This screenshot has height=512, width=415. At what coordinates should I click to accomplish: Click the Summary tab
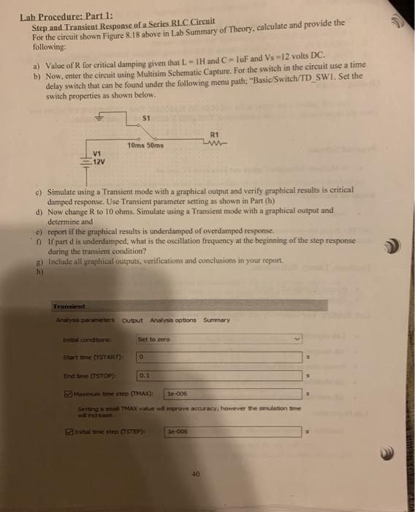coord(216,320)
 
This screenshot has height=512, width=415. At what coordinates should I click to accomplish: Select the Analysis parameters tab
coord(86,320)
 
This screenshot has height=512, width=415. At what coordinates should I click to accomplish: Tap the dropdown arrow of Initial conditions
coord(296,339)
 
